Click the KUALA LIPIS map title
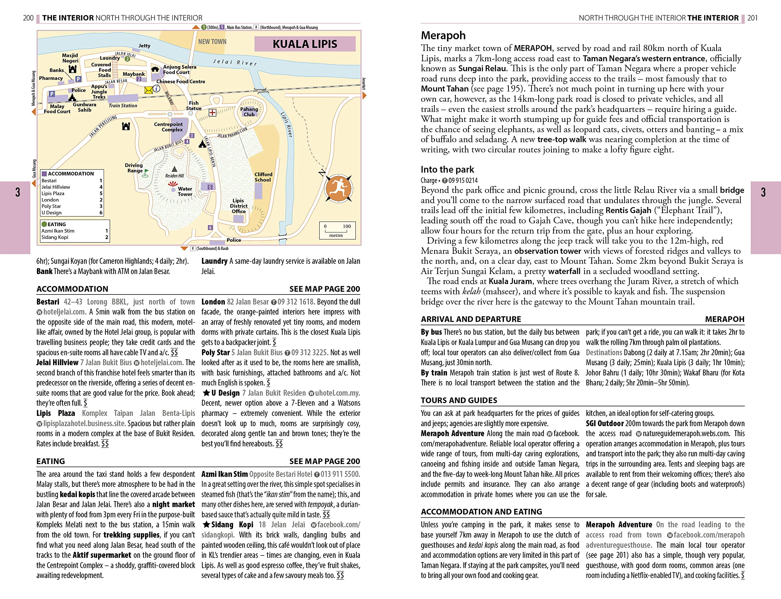coord(305,44)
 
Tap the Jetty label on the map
coord(145,46)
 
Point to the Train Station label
coord(123,105)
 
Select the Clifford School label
coord(263,177)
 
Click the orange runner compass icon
coord(338,189)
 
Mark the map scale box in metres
coord(337,230)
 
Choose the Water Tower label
coord(185,191)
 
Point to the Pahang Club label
coord(249,112)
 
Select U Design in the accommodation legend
coord(52,213)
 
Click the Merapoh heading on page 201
coord(443,35)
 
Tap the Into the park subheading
coord(448,169)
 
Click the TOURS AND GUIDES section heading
coord(459,401)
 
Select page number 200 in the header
coord(28,18)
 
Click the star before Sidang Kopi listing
coord(206,525)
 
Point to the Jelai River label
coord(235,62)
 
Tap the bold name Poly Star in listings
coord(215,353)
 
